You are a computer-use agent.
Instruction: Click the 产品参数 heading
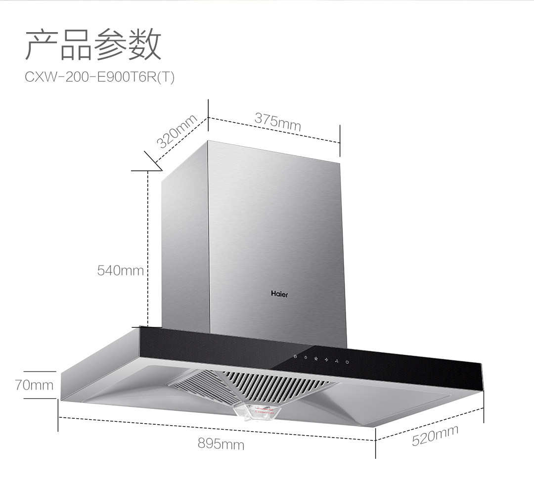click(x=93, y=45)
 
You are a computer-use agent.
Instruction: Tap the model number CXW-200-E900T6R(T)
click(x=99, y=78)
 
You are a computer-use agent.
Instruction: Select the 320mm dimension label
click(x=177, y=131)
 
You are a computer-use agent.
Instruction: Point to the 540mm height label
click(x=120, y=270)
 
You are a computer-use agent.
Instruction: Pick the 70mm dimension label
click(x=34, y=385)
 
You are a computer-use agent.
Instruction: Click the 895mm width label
click(x=221, y=443)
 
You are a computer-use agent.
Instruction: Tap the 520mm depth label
click(x=435, y=435)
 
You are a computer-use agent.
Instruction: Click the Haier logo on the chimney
click(x=279, y=294)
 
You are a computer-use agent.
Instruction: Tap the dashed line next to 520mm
click(x=430, y=424)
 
